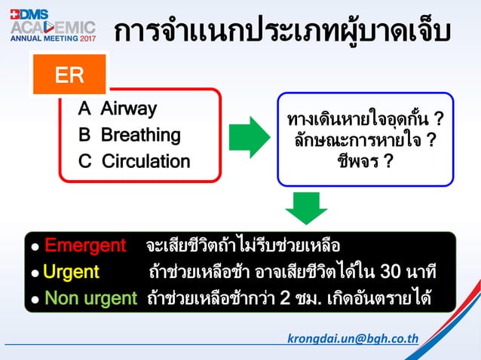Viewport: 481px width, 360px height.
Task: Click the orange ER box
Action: point(69,75)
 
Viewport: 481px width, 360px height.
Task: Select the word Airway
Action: point(129,109)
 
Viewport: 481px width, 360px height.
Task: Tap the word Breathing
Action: point(141,136)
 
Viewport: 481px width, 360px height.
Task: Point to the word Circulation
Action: point(146,161)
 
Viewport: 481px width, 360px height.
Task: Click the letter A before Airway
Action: point(85,109)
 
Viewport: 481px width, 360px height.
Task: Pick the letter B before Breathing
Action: point(85,136)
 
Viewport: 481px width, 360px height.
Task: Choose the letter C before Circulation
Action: point(85,161)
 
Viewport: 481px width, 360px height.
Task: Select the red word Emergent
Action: point(84,246)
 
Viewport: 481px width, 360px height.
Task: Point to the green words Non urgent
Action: point(90,298)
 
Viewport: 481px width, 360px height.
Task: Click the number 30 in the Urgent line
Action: point(391,272)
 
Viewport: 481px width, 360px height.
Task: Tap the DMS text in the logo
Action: point(33,13)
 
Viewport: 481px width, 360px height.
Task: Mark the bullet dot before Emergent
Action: point(35,248)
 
